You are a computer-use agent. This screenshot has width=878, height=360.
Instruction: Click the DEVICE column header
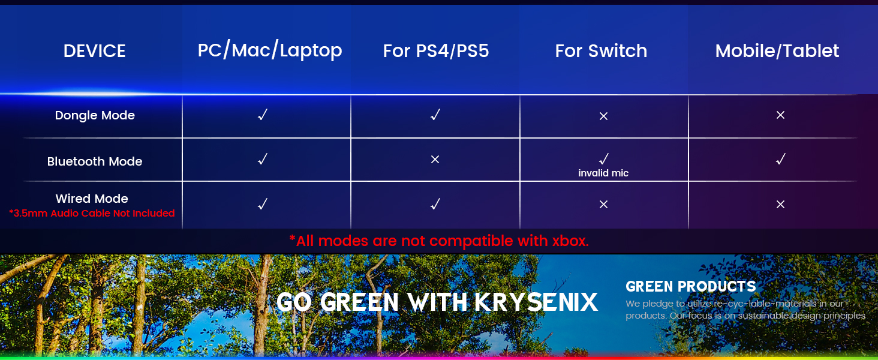tap(94, 51)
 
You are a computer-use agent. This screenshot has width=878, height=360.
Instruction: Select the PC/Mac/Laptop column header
tap(269, 50)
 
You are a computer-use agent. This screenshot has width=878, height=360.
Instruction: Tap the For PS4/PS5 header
tap(436, 51)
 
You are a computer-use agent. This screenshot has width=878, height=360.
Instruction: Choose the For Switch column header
tap(601, 51)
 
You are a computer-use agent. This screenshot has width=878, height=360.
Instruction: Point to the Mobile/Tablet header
tap(777, 51)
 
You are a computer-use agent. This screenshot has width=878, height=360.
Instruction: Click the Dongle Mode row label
tap(95, 115)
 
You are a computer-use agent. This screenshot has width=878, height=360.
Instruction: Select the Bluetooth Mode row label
tap(95, 161)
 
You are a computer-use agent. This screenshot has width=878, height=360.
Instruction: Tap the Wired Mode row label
tap(92, 199)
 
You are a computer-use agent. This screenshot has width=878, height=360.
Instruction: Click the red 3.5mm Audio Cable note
tap(92, 213)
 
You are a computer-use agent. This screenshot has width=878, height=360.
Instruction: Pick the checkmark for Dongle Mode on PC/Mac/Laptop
tap(262, 115)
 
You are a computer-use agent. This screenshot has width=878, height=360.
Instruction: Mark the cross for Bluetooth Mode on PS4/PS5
tap(435, 160)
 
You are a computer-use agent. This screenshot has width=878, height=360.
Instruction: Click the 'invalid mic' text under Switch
tap(603, 173)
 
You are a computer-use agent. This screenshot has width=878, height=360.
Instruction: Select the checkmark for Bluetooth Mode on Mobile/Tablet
tap(780, 159)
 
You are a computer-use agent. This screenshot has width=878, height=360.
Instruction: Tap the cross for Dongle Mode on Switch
tap(603, 116)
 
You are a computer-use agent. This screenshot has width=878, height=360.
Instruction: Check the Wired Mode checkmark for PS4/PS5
tap(435, 204)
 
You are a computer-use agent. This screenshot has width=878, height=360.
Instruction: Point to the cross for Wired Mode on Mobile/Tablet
tap(780, 205)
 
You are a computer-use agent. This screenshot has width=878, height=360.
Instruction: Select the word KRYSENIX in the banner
tap(536, 302)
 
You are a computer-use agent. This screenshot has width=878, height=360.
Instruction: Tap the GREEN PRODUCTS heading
tap(690, 286)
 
